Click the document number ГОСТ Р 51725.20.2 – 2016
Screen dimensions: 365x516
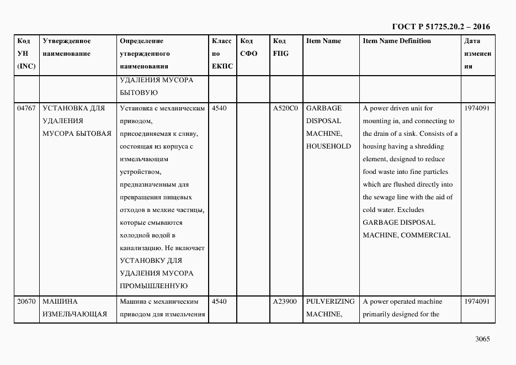[x=440, y=27]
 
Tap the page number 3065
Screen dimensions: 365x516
[x=482, y=339]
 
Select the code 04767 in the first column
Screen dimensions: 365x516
[x=26, y=108]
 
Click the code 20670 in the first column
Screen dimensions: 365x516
[x=26, y=302]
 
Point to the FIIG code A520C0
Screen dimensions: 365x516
[x=285, y=108]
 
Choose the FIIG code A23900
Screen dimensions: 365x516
[x=285, y=302]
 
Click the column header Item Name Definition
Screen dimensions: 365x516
[x=397, y=41]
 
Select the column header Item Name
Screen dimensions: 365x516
[x=323, y=41]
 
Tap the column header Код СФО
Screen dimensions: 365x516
[x=249, y=47]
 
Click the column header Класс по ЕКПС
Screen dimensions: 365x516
[x=222, y=54]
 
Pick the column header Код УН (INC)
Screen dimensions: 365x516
[x=26, y=54]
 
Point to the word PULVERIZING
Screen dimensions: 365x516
[x=330, y=302]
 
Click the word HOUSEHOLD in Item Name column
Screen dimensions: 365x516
[x=328, y=146]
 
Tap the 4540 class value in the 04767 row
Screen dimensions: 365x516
[x=219, y=108]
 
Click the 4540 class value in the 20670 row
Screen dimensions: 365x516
[x=219, y=302]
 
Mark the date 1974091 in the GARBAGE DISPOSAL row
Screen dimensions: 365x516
[x=477, y=108]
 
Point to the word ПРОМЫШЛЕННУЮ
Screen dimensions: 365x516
[x=154, y=286]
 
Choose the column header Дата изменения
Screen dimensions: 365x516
[x=477, y=54]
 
